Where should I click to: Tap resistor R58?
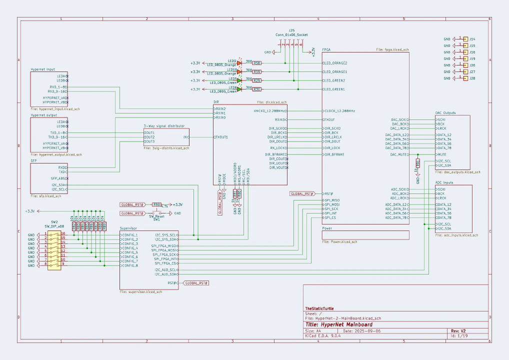[x=256, y=63]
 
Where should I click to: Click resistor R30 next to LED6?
[x=256, y=89]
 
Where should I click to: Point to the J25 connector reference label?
[x=291, y=30]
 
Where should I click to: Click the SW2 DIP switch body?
[x=54, y=249]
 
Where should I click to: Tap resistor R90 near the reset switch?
[x=156, y=204]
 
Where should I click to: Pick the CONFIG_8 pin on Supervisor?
[x=129, y=265]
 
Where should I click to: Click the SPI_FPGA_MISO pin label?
[x=165, y=246]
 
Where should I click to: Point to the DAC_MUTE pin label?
[x=399, y=154]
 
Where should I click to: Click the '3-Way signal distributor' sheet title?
[x=164, y=126]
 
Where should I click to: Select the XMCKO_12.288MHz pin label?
[x=270, y=111]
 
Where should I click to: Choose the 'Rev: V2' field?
[x=458, y=331]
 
